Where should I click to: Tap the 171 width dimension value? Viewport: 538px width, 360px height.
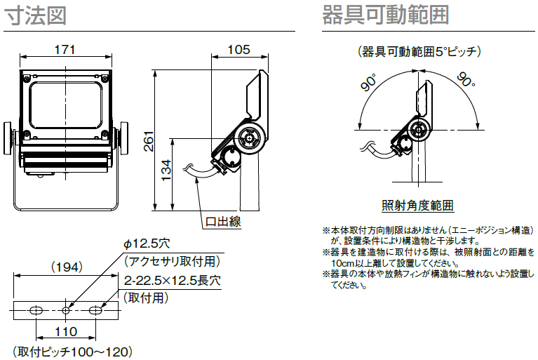(x=65, y=50)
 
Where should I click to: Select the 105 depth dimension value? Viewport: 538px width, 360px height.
(x=239, y=49)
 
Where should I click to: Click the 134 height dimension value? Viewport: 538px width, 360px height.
(x=166, y=171)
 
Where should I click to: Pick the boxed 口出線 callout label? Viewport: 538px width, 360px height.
(x=223, y=222)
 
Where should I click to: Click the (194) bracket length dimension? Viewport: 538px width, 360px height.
(x=67, y=267)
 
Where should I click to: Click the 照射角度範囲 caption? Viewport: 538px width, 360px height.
(x=418, y=206)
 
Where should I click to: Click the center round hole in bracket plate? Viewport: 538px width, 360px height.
(x=66, y=309)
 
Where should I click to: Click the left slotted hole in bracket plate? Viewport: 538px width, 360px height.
(x=37, y=309)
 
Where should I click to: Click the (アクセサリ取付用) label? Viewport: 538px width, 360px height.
(x=172, y=261)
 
